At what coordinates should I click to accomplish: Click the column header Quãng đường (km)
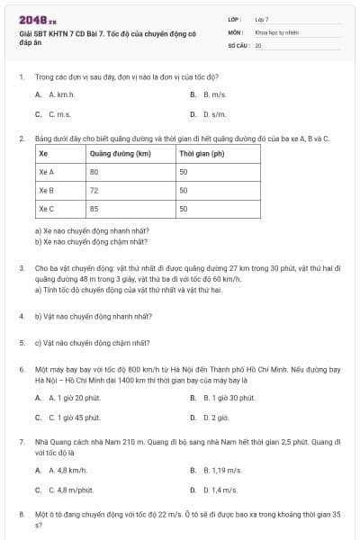click(119, 153)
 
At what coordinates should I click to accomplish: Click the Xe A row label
click(47, 171)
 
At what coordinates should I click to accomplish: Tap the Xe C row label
click(47, 209)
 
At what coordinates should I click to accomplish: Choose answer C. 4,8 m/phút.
click(63, 490)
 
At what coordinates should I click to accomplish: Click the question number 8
click(21, 513)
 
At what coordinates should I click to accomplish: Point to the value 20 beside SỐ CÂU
click(258, 44)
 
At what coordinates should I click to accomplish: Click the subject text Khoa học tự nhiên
click(274, 31)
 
